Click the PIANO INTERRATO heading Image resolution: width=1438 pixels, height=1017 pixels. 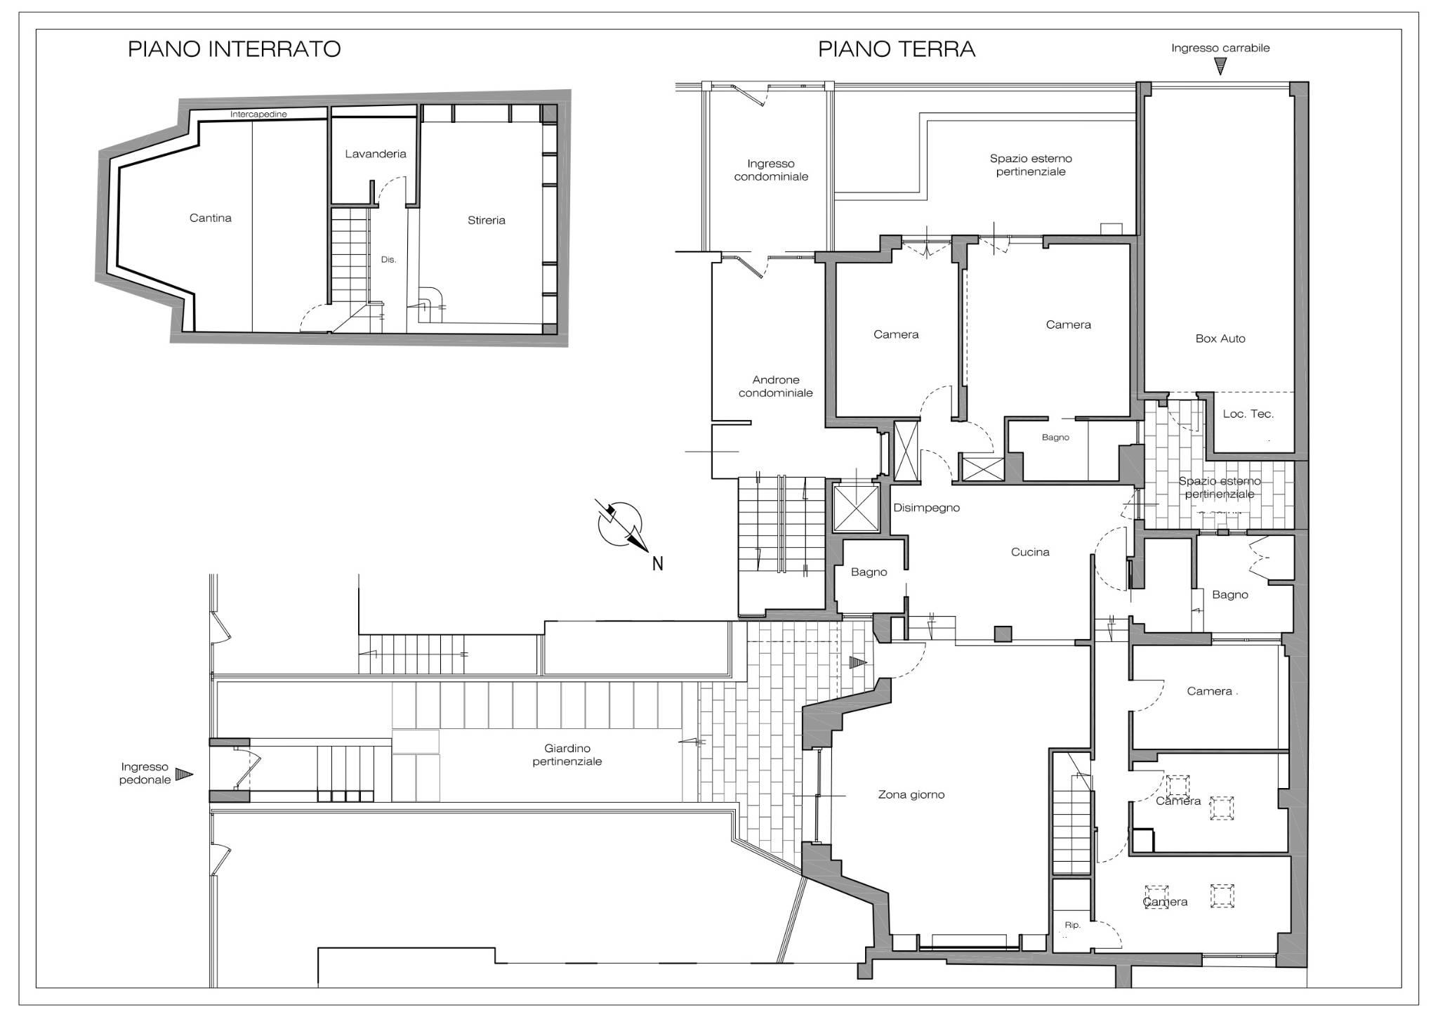tap(234, 49)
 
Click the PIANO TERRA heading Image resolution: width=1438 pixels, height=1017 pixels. tap(897, 49)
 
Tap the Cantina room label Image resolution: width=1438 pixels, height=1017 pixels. tap(211, 218)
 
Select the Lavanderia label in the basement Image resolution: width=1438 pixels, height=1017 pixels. tap(376, 154)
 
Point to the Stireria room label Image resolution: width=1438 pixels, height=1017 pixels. tap(487, 220)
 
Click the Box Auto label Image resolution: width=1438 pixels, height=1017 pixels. tap(1220, 339)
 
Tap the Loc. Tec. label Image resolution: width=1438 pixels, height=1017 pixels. tap(1248, 414)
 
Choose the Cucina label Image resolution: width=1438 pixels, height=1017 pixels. tap(1030, 552)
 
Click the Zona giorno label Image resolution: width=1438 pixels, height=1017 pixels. tap(911, 795)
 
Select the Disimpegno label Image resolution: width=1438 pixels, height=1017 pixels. tap(926, 508)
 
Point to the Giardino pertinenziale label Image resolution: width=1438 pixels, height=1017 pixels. tap(567, 755)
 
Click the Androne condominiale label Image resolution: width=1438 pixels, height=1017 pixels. tap(775, 386)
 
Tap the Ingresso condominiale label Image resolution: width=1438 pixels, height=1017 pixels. tap(771, 170)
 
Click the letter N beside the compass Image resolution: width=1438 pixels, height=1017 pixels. tap(657, 563)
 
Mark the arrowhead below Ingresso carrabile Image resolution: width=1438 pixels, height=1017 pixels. tap(1221, 66)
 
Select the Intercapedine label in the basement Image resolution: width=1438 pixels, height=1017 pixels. tap(258, 114)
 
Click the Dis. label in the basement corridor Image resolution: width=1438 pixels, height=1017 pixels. tap(388, 259)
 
